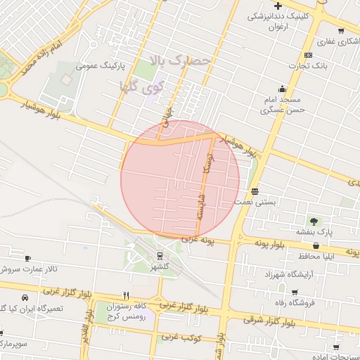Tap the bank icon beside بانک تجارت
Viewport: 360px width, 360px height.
click(x=308, y=56)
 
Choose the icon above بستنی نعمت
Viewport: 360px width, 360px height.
click(x=255, y=191)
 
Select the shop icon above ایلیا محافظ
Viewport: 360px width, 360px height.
click(x=316, y=246)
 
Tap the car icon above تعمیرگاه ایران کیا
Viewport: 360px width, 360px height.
click(x=25, y=298)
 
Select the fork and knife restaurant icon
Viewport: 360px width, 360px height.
click(x=127, y=295)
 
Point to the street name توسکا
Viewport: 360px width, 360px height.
click(x=207, y=162)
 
